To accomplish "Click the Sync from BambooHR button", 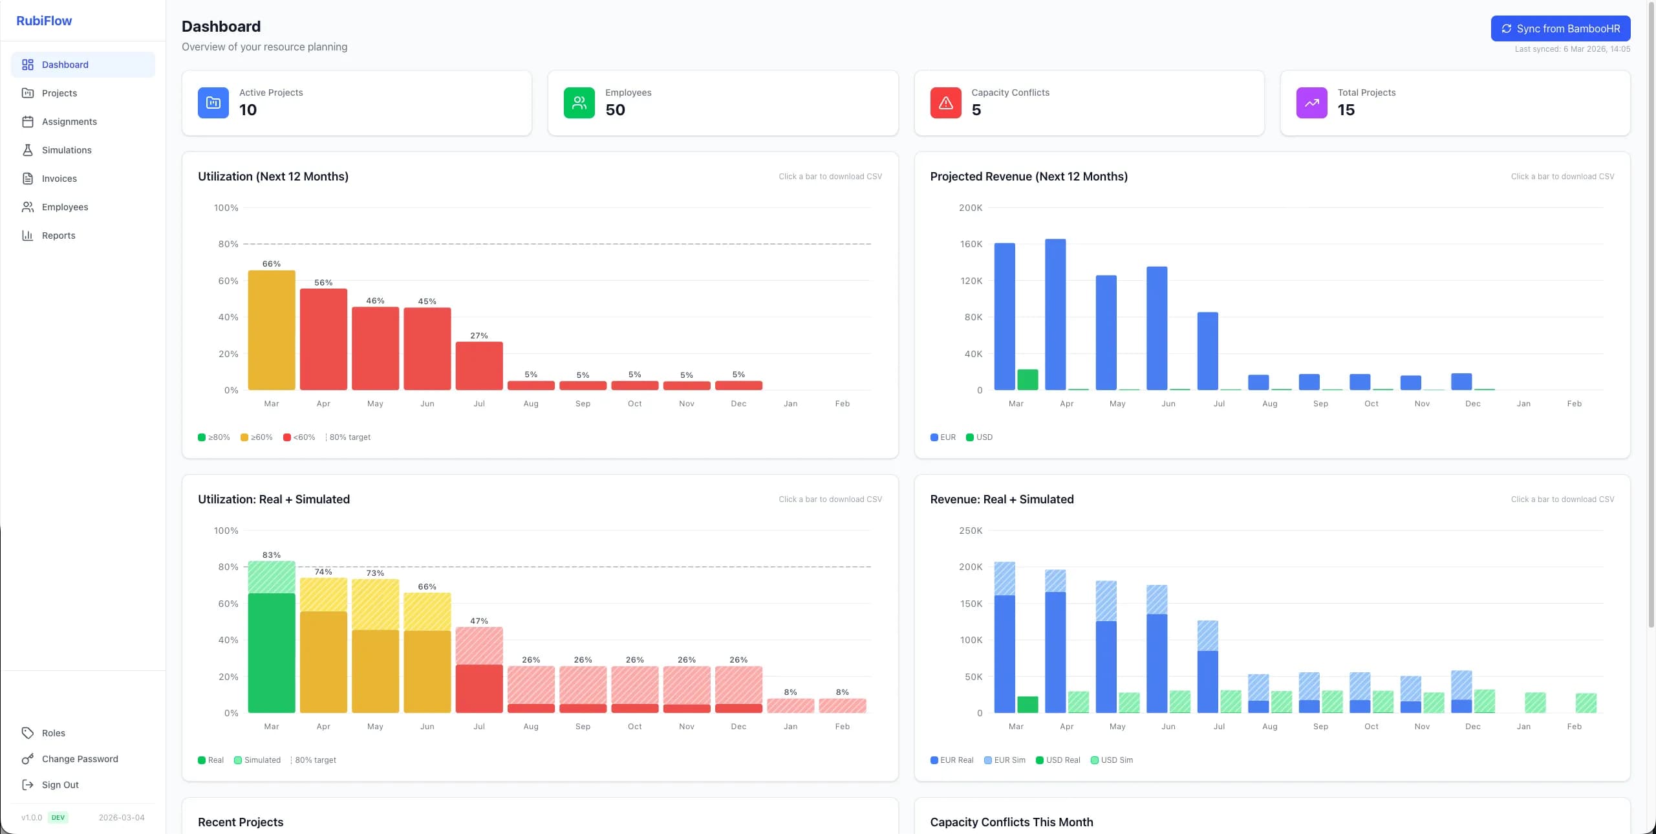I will [x=1560, y=28].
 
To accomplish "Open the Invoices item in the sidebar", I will [x=59, y=179].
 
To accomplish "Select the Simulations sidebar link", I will [x=66, y=150].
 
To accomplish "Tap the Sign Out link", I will [x=59, y=785].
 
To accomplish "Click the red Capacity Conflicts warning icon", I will [x=945, y=103].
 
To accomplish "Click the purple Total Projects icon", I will [x=1311, y=103].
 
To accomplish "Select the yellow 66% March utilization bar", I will [x=272, y=330].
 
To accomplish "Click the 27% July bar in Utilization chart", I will [x=479, y=366].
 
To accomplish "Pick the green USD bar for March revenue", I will [x=1027, y=380].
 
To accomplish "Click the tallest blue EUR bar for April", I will [x=1055, y=314].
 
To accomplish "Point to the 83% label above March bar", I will [x=272, y=555].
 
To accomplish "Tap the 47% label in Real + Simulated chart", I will [x=479, y=621].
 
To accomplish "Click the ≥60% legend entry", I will [x=257, y=437].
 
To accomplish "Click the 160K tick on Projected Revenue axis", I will [x=971, y=245].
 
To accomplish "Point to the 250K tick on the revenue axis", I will [x=971, y=531].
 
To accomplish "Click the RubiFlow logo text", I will [x=44, y=21].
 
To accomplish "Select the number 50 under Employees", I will [x=615, y=110].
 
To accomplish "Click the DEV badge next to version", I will [x=58, y=818].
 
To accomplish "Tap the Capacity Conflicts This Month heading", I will [x=1011, y=822].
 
